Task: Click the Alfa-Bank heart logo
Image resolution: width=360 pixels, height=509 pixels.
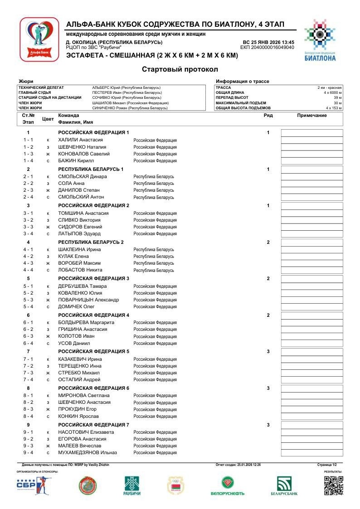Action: [39, 39]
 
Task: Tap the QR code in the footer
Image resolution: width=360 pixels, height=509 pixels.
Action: [333, 485]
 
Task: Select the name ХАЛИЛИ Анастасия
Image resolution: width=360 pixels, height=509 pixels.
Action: [80, 140]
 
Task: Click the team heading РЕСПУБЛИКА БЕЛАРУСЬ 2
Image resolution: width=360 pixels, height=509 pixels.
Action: [91, 242]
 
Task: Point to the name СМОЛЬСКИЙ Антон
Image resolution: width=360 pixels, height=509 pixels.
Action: [81, 197]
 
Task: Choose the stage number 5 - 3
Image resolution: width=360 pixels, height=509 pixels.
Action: [28, 300]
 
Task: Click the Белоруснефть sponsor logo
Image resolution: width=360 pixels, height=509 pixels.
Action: [227, 486]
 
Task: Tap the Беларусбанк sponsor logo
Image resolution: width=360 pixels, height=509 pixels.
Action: [284, 486]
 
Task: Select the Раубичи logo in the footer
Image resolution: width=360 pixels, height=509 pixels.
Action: [132, 486]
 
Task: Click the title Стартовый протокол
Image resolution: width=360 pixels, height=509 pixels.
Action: [180, 69]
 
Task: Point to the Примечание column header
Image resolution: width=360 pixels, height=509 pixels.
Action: [311, 116]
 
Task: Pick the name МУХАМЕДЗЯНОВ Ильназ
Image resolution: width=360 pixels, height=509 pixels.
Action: [88, 453]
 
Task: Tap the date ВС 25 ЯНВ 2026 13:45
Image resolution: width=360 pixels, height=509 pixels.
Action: [268, 42]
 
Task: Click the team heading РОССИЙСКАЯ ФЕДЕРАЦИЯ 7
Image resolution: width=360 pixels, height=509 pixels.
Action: [93, 425]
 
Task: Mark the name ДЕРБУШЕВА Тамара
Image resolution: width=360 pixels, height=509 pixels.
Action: [82, 286]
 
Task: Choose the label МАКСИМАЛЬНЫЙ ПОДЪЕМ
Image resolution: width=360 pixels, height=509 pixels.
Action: [237, 103]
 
